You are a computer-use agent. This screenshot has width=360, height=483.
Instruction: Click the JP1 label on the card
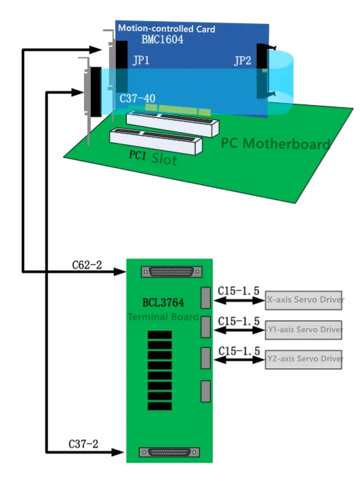click(141, 61)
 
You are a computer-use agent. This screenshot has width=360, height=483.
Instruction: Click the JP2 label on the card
click(243, 61)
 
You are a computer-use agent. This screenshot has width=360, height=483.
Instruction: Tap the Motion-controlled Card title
click(167, 29)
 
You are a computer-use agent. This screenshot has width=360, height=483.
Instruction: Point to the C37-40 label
click(137, 99)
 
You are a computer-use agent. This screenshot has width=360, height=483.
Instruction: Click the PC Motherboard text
click(275, 144)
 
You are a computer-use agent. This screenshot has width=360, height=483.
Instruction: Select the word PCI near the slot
click(138, 155)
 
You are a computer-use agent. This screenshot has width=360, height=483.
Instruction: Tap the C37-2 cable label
click(83, 444)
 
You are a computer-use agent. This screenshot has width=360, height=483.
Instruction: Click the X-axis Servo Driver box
click(304, 299)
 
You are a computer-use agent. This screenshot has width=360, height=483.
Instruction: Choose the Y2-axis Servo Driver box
click(304, 358)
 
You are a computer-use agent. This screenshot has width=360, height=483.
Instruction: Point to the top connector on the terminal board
click(171, 272)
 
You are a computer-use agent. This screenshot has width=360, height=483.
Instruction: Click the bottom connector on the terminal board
click(169, 452)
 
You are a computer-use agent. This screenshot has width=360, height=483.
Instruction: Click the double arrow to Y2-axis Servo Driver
click(239, 359)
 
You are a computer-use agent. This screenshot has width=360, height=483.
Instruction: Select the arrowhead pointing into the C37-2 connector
click(120, 452)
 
